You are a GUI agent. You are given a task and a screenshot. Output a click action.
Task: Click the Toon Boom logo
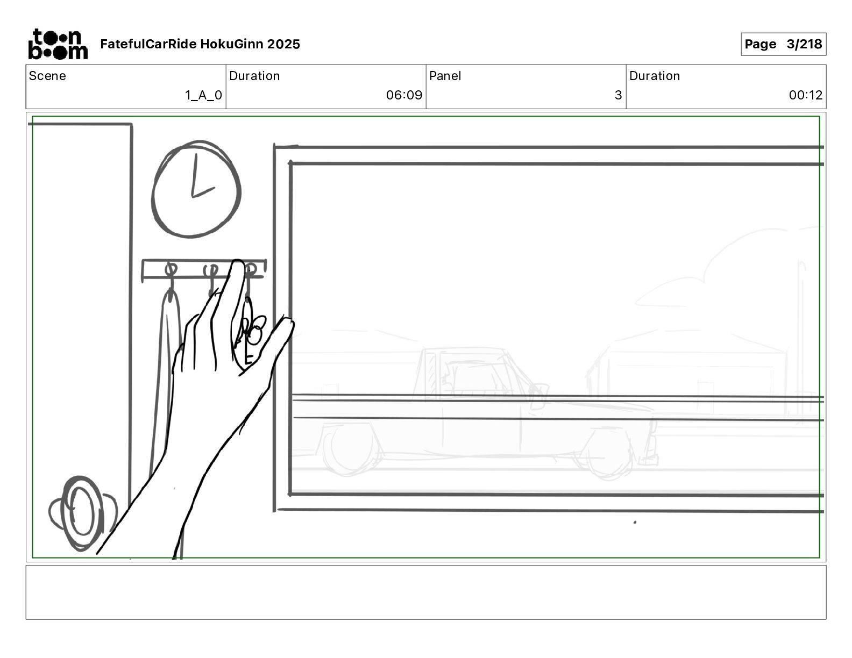coord(58,44)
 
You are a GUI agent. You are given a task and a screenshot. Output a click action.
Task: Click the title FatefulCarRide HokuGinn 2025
coord(200,44)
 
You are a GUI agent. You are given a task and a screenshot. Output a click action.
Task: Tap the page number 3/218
coord(804,44)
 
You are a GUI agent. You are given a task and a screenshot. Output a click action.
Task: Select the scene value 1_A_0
coord(203,95)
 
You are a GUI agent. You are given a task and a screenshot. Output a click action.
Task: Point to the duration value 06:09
coord(404,95)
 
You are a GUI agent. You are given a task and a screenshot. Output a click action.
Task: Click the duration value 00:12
coord(805,95)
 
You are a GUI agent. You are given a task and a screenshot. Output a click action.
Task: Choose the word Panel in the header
coord(445,76)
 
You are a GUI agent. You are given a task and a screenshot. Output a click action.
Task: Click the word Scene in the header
coord(47,76)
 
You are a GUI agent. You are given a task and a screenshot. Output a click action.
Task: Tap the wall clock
coord(196,189)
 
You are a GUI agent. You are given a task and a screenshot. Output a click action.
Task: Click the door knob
coord(82,513)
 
